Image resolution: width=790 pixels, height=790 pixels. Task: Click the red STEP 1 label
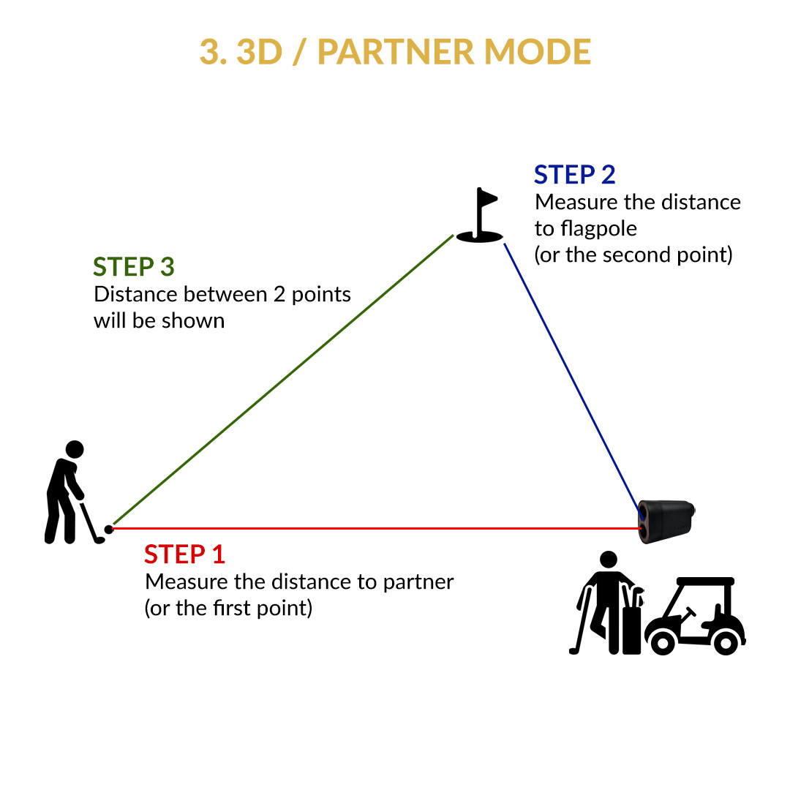pos(184,554)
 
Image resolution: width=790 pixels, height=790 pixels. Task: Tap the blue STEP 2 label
pos(574,175)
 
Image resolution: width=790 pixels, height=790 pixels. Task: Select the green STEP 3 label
pos(134,267)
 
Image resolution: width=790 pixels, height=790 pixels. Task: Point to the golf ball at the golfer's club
pos(109,529)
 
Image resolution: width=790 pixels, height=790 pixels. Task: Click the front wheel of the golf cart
pos(663,642)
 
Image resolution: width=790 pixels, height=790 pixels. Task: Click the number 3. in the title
pos(211,52)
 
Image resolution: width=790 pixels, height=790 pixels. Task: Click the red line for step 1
pos(366,527)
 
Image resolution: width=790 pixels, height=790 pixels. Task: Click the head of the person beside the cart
pos(608,560)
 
